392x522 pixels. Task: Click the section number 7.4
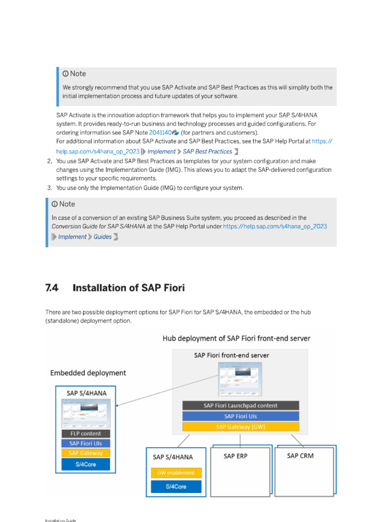coord(52,288)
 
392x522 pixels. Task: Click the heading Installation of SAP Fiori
coord(129,288)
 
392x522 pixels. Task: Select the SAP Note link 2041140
coord(160,133)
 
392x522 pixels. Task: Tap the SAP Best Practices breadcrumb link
coord(207,151)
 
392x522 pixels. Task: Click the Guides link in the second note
coord(103,237)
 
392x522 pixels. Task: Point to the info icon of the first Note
coord(65,74)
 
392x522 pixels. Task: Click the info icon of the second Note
coord(55,204)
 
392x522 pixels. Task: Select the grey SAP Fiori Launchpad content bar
coord(240,406)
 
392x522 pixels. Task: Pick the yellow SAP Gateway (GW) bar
coord(240,427)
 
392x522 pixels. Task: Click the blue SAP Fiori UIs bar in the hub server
coord(240,416)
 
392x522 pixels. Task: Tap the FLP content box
coord(85,433)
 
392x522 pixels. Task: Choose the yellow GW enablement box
coord(176,473)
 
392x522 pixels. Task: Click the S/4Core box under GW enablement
coord(176,487)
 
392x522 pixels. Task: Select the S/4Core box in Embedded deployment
coord(85,464)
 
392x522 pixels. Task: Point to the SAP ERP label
coord(235,456)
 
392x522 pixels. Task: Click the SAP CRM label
coord(300,456)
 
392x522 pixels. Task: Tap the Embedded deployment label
coord(88,373)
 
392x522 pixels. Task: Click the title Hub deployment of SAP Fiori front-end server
coord(236,338)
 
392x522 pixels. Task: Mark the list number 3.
coord(50,188)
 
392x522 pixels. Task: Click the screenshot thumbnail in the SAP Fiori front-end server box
coord(240,378)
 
